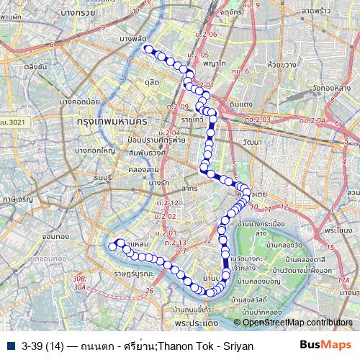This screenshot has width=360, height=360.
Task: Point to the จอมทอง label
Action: point(55,235)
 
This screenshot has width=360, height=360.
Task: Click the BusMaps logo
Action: point(325,345)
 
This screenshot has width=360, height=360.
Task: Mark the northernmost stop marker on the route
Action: point(148,49)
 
